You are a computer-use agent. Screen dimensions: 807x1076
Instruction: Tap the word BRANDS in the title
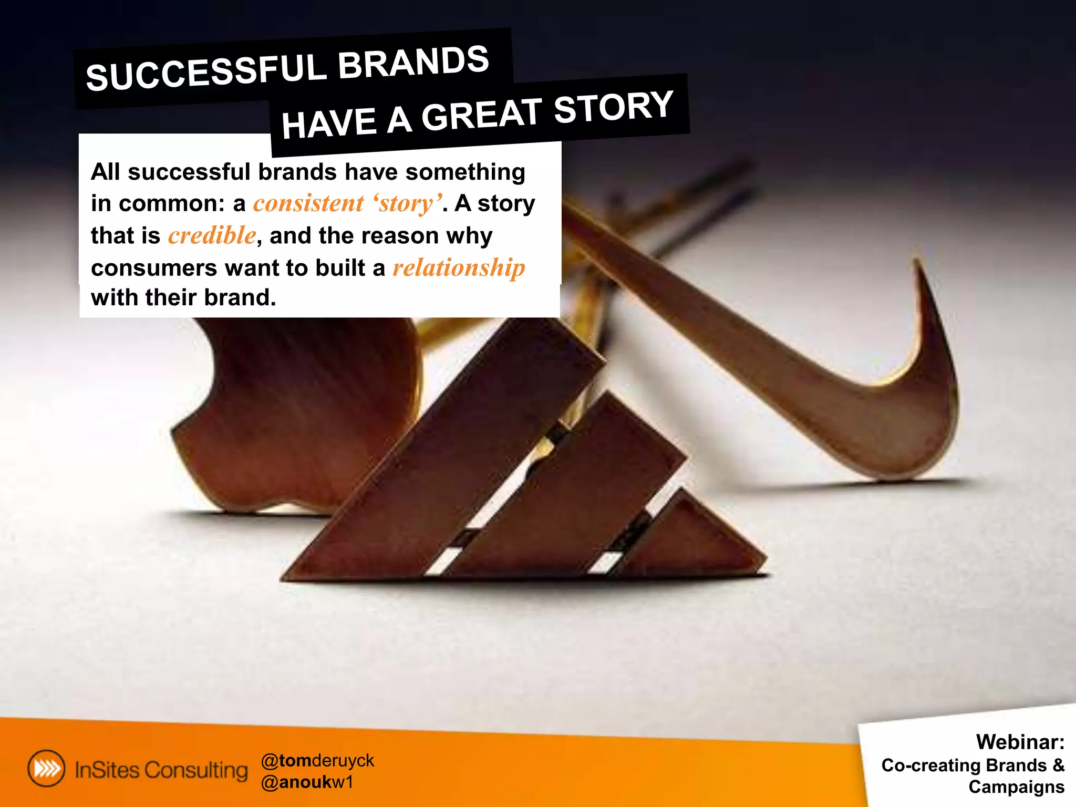pyautogui.click(x=413, y=61)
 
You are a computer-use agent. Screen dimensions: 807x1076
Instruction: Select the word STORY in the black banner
pyautogui.click(x=613, y=107)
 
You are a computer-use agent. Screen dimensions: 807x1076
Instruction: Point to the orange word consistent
pyautogui.click(x=308, y=203)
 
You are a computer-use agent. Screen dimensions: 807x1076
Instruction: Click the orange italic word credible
pyautogui.click(x=212, y=235)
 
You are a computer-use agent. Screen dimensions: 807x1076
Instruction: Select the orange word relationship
pyautogui.click(x=459, y=268)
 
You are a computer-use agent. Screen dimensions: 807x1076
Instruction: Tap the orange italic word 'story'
pyautogui.click(x=407, y=203)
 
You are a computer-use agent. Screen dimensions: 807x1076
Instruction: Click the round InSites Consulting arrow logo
pyautogui.click(x=47, y=769)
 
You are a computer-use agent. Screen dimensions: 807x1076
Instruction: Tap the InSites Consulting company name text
pyautogui.click(x=161, y=770)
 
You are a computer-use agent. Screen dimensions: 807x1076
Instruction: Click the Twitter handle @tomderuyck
pyautogui.click(x=317, y=760)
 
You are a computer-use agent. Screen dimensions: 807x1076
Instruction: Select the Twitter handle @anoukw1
pyautogui.click(x=307, y=782)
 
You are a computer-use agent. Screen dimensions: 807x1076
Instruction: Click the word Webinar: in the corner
pyautogui.click(x=1020, y=742)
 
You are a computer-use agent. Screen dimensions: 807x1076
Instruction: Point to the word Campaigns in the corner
pyautogui.click(x=1016, y=787)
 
